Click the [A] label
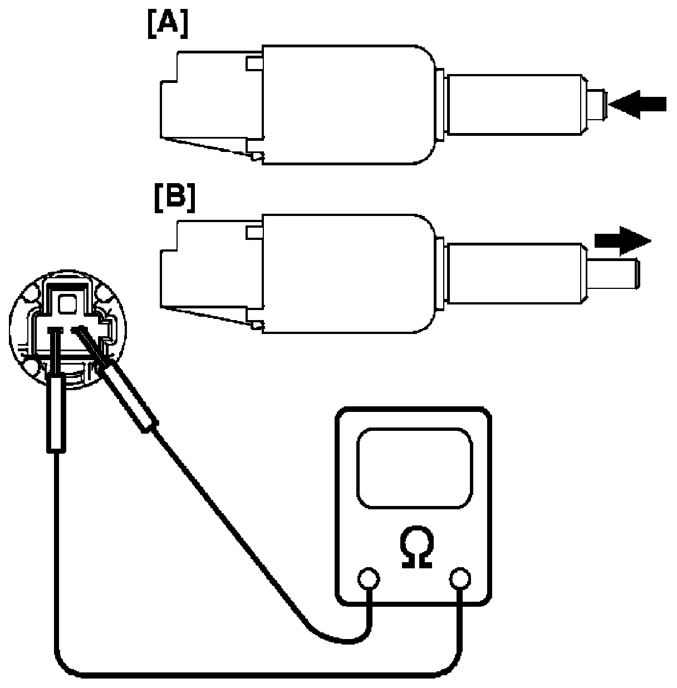[x=168, y=26]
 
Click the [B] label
[x=174, y=198]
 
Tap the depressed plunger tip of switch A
[x=596, y=104]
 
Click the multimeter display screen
[x=414, y=468]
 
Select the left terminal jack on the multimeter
[x=367, y=579]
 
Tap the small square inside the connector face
[x=68, y=304]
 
